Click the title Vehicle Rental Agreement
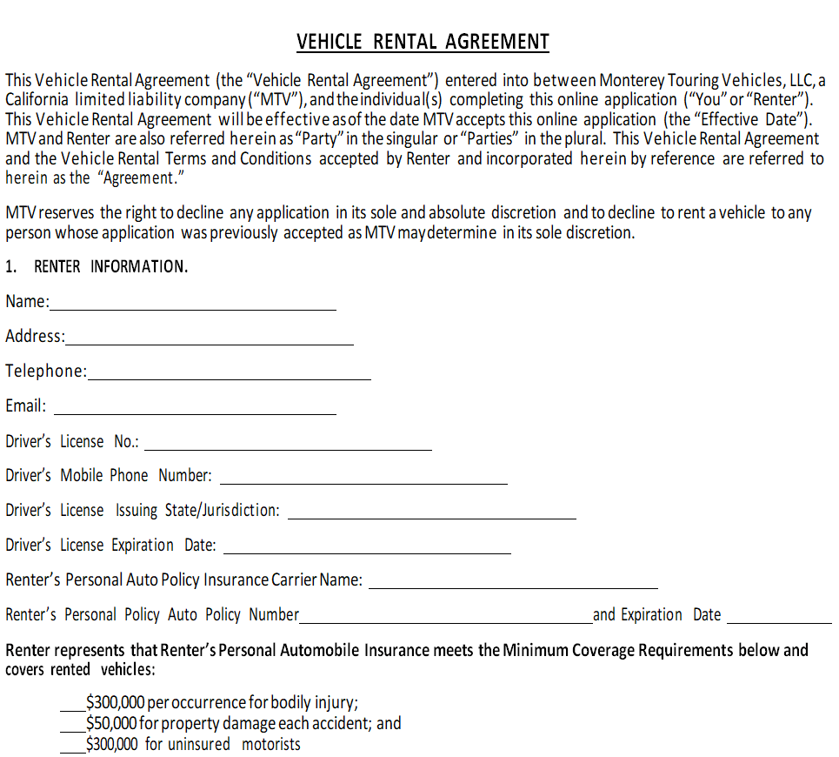[x=423, y=42]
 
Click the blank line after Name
[x=193, y=305]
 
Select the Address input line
[x=209, y=339]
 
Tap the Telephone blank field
[x=229, y=374]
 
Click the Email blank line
[x=195, y=409]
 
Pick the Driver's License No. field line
[x=288, y=444]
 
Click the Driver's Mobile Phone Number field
[x=363, y=479]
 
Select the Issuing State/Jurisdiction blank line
[x=431, y=513]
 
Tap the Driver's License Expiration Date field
[x=367, y=548]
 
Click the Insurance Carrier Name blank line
[x=513, y=583]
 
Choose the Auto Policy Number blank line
[x=445, y=618]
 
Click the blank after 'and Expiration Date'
[x=779, y=618]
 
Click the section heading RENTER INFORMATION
[x=110, y=267]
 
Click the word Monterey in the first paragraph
[x=632, y=81]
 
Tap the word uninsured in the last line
[x=199, y=745]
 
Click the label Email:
[x=26, y=406]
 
